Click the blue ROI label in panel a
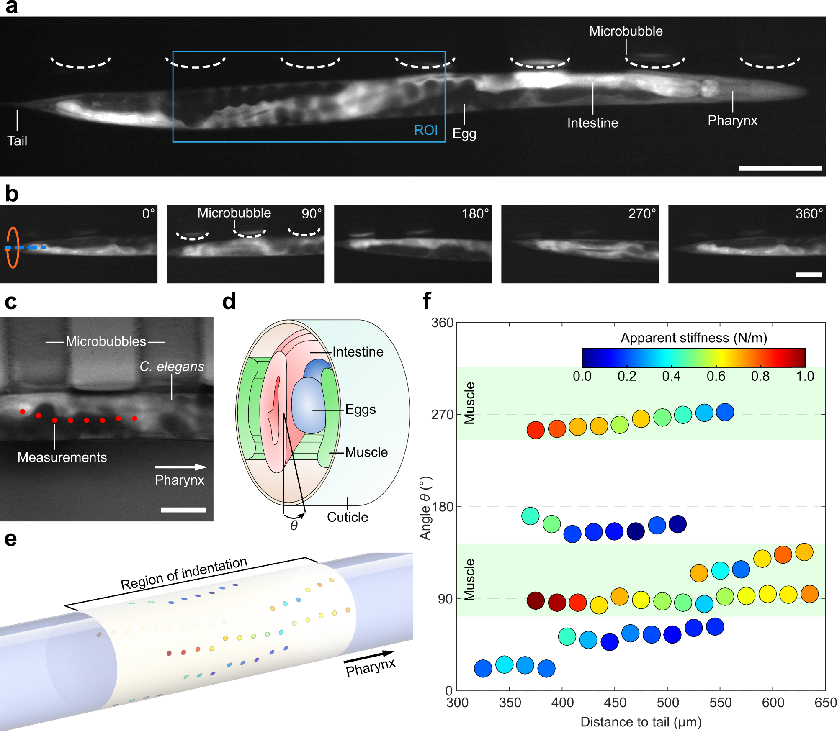pyautogui.click(x=425, y=130)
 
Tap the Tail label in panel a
pyautogui.click(x=17, y=141)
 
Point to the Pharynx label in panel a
pyautogui.click(x=732, y=121)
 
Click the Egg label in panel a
pyautogui.click(x=464, y=134)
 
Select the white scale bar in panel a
pyautogui.click(x=780, y=168)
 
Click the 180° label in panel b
pyautogui.click(x=475, y=214)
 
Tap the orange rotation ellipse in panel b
pyautogui.click(x=13, y=247)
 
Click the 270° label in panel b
pyautogui.click(x=642, y=214)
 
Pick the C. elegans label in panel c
pyautogui.click(x=172, y=367)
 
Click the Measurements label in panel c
pyautogui.click(x=62, y=457)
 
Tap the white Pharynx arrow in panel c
pyautogui.click(x=181, y=467)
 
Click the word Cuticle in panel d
pyautogui.click(x=348, y=517)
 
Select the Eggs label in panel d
pyautogui.click(x=361, y=409)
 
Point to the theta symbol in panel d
pyautogui.click(x=294, y=526)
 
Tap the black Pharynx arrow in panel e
pyautogui.click(x=369, y=657)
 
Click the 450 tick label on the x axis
pyautogui.click(x=615, y=703)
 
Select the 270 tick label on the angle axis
pyautogui.click(x=442, y=415)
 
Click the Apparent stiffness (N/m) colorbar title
pyautogui.click(x=693, y=338)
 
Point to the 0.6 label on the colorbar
pyautogui.click(x=716, y=376)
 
